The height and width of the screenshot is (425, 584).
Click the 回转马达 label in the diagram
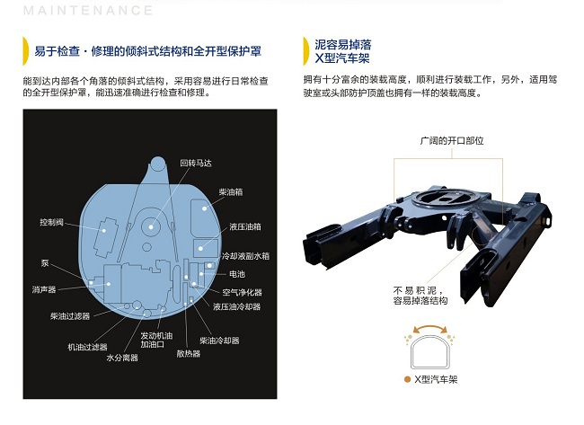[x=196, y=164]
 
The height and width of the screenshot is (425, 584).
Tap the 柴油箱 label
[x=231, y=192]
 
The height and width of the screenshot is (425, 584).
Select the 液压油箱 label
[x=245, y=226]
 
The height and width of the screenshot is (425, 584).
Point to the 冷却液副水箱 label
[x=245, y=256]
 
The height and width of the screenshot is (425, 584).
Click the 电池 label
[x=237, y=274]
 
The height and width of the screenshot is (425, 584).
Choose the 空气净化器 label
[x=242, y=292]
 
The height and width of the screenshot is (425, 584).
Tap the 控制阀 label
[x=52, y=222]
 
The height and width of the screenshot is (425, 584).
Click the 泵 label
[x=45, y=263]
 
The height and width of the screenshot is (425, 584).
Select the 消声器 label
[x=44, y=289]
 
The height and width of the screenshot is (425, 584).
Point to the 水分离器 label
[x=122, y=358]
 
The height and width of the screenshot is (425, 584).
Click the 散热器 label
[x=189, y=353]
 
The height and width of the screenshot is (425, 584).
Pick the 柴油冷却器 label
[x=219, y=341]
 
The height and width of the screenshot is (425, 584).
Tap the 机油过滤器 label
[x=87, y=347]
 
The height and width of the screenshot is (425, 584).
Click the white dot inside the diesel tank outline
[x=204, y=208]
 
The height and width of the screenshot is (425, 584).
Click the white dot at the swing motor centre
[x=151, y=226]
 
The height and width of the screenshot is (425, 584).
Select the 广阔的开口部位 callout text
[x=452, y=141]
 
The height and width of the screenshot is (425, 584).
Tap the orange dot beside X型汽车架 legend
[x=407, y=379]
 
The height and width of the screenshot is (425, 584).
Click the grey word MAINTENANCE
[x=88, y=11]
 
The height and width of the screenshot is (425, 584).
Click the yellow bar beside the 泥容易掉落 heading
[x=306, y=51]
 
